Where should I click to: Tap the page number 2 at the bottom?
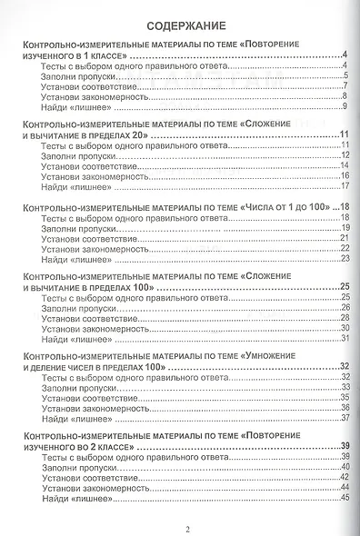point(186,529)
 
